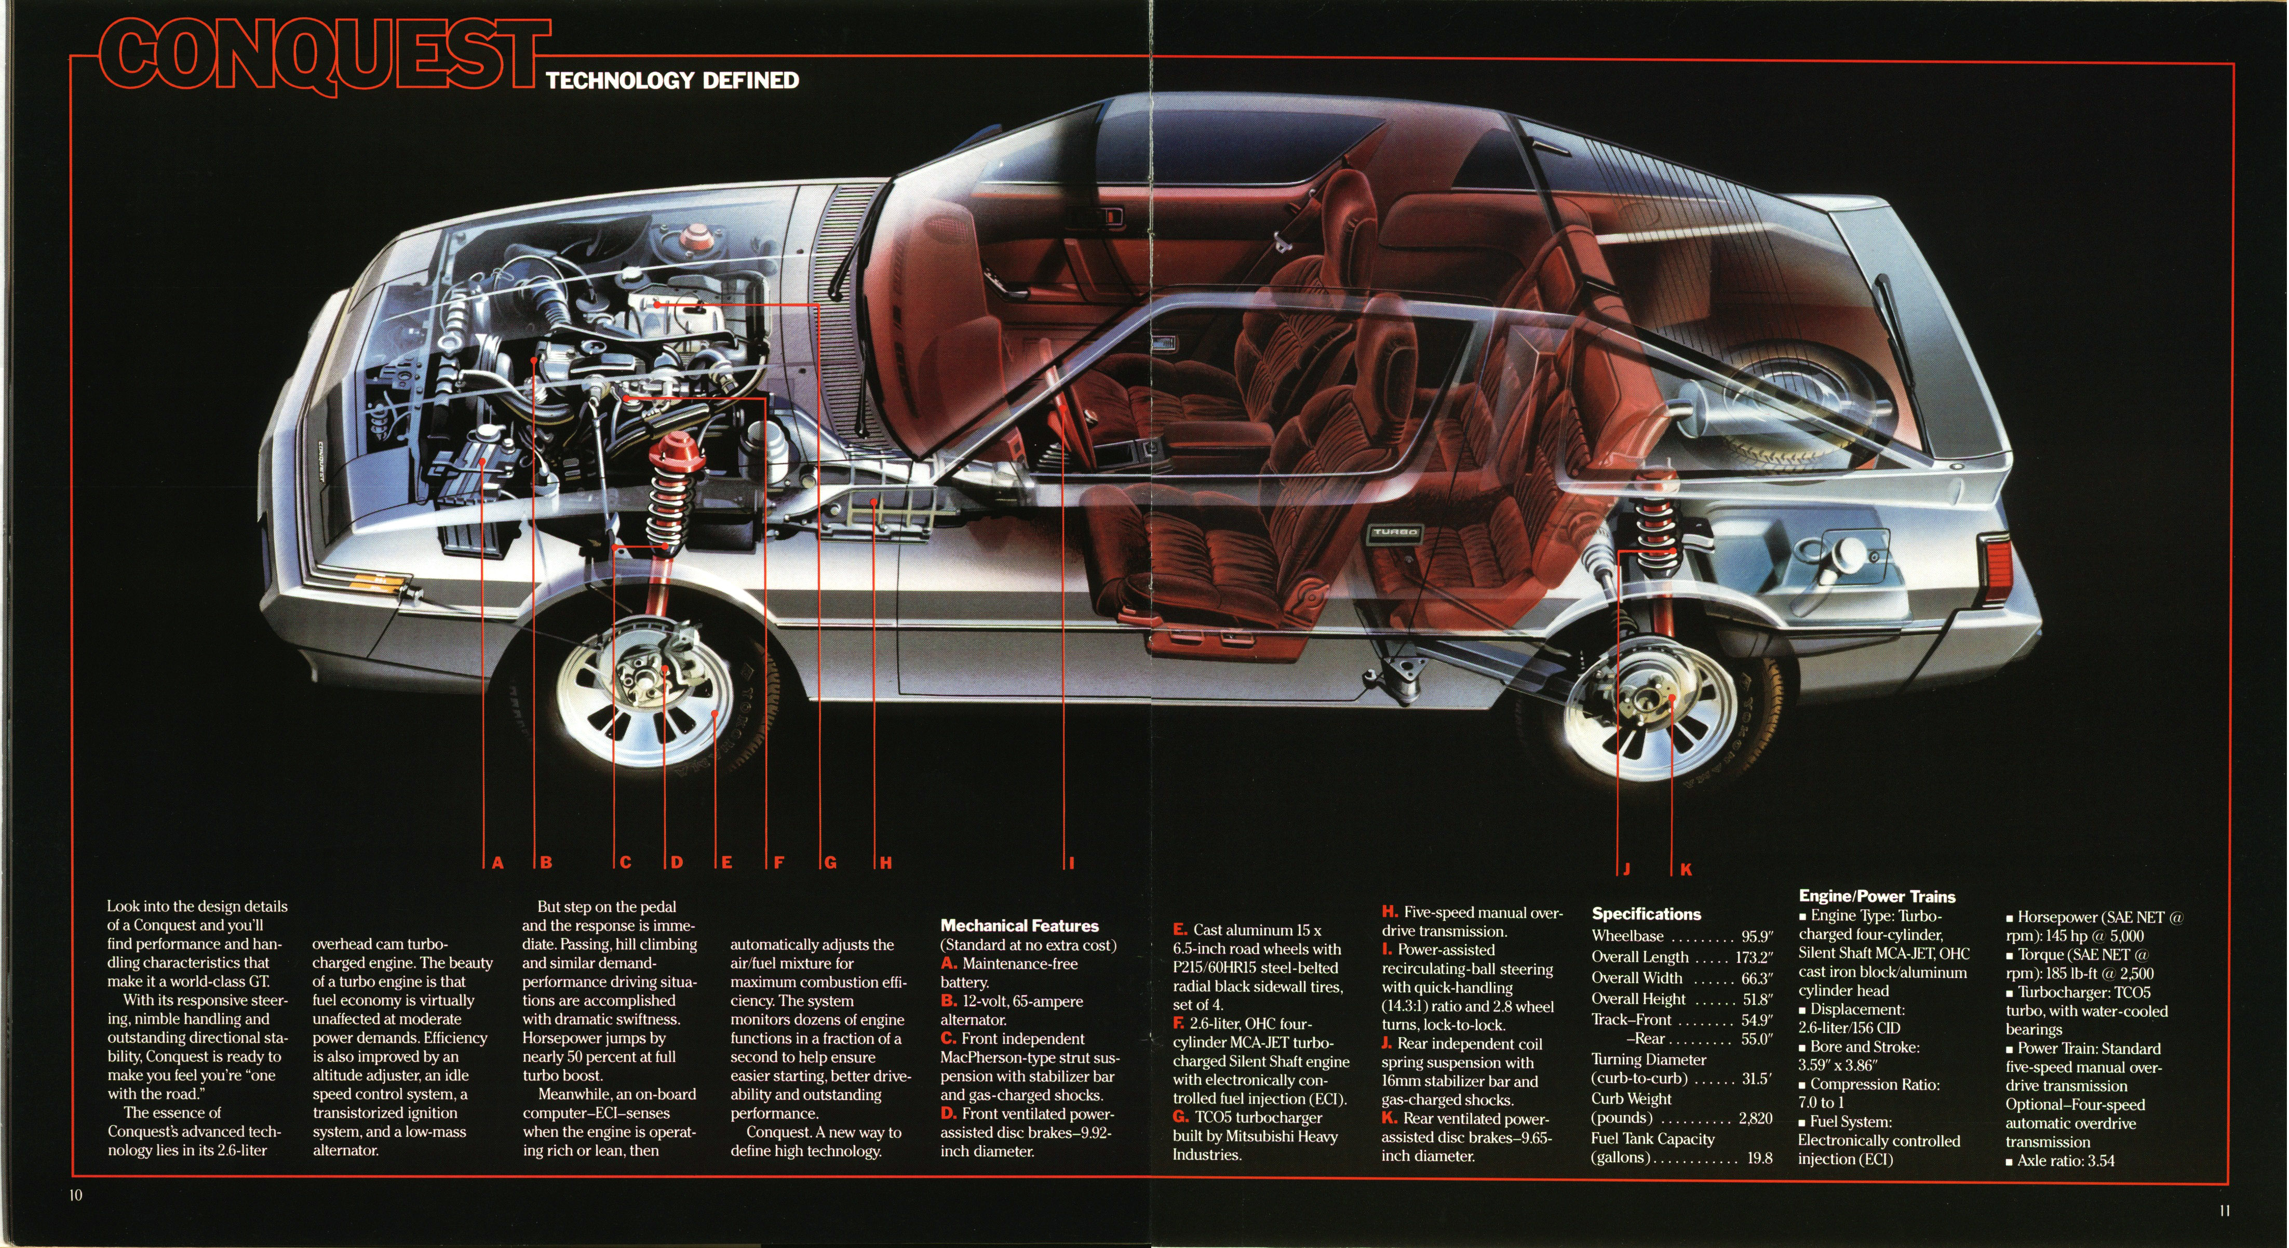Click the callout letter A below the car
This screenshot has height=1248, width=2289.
pyautogui.click(x=497, y=862)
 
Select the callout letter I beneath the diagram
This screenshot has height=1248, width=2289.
pyautogui.click(x=1072, y=862)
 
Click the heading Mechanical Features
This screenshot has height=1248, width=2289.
pyautogui.click(x=1019, y=925)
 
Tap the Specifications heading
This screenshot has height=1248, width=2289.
pyautogui.click(x=1646, y=914)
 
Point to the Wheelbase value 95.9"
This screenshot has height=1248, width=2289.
pyautogui.click(x=1757, y=936)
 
